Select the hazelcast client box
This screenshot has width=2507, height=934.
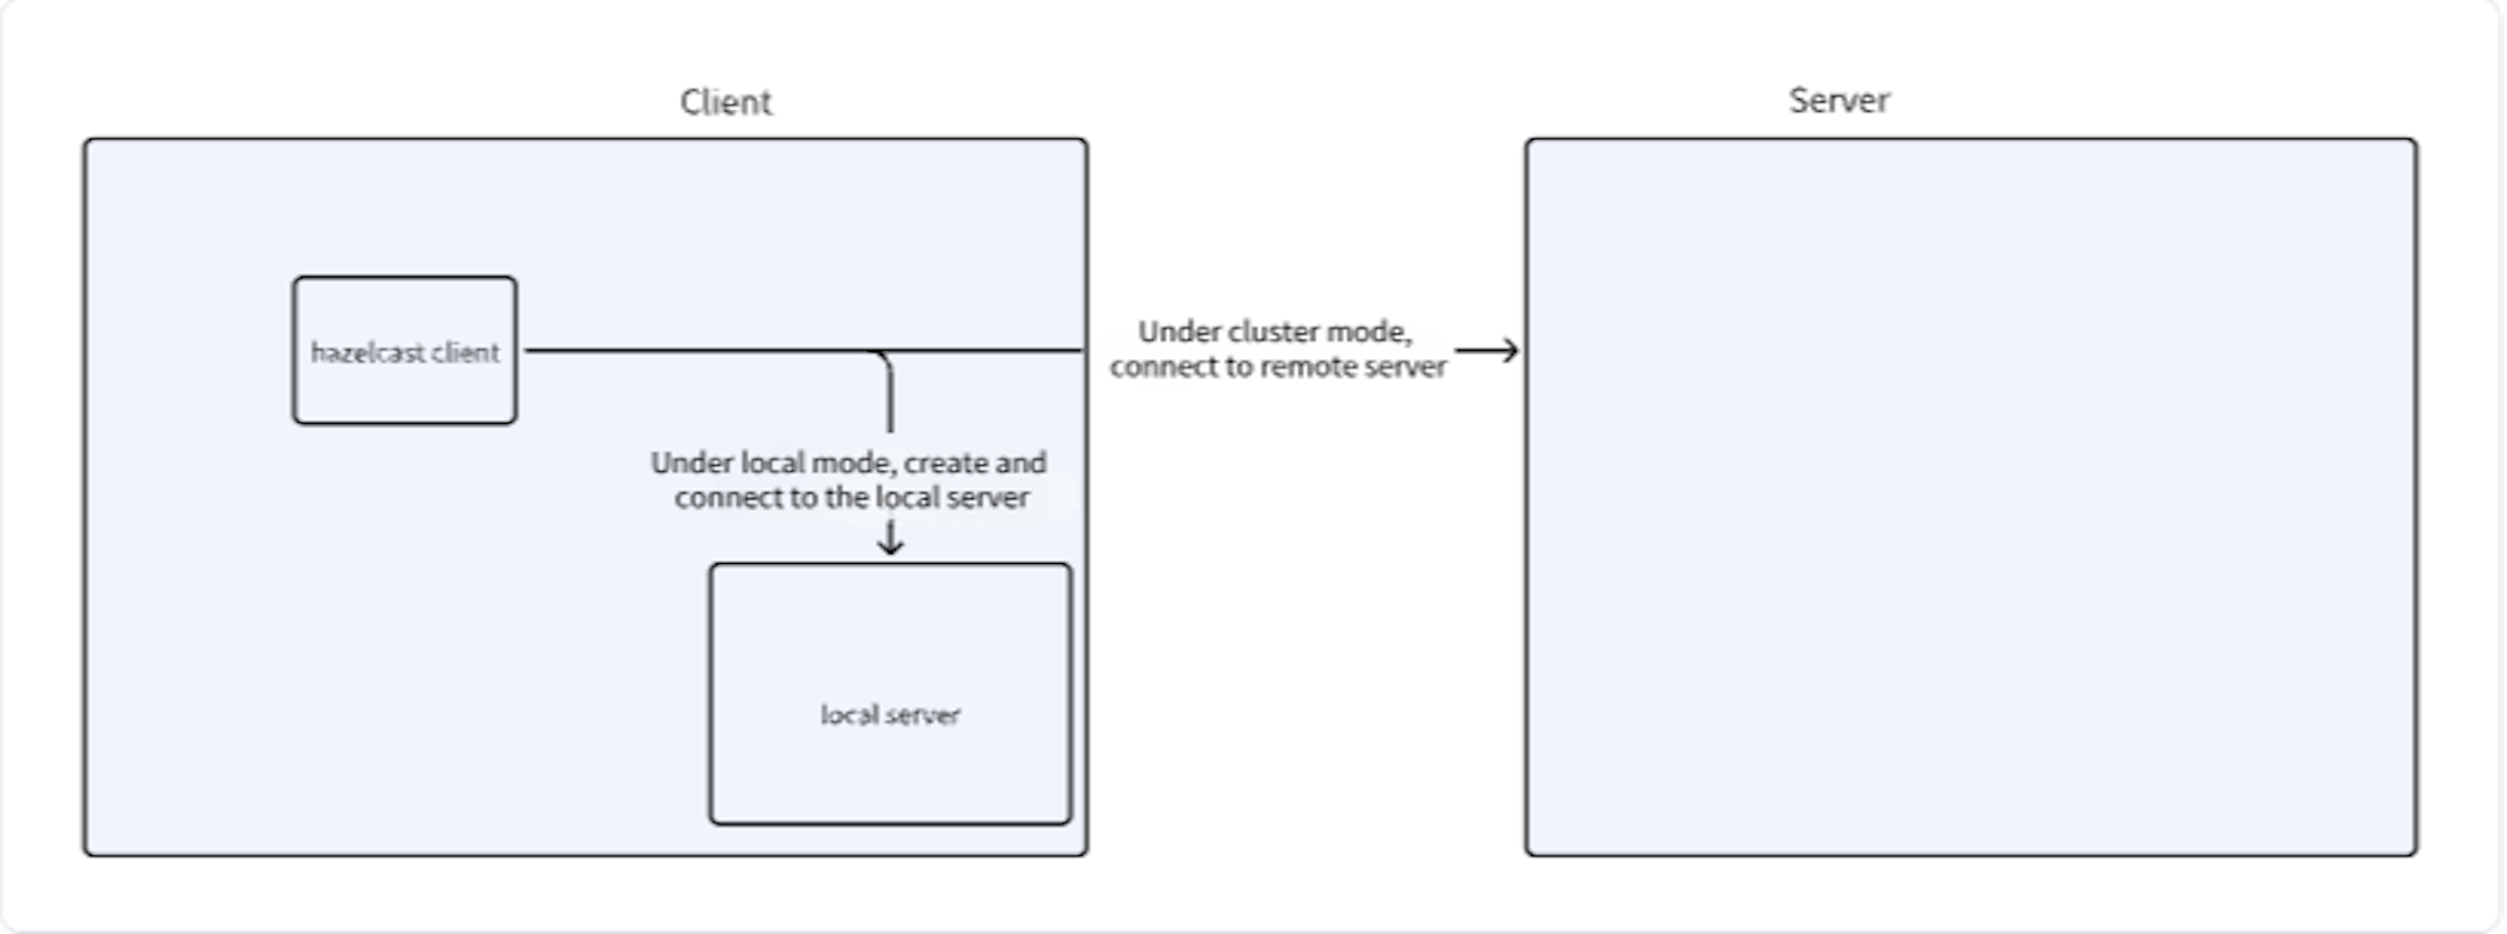404,311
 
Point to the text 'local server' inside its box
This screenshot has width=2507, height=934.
889,715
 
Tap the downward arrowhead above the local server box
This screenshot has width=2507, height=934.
889,546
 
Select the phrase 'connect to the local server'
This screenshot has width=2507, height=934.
851,498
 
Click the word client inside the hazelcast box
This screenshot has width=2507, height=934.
465,352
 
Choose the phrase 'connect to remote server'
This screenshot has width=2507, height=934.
1277,367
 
